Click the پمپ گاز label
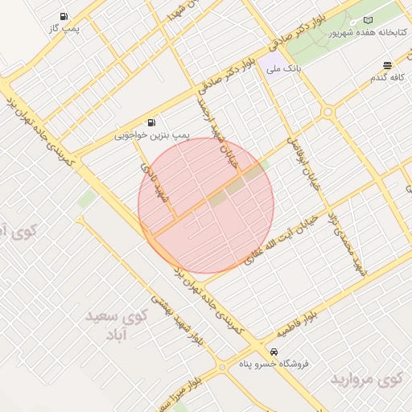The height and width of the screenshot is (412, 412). (64, 28)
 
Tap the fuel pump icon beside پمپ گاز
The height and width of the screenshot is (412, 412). (64, 16)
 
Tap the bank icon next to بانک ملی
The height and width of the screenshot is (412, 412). (265, 70)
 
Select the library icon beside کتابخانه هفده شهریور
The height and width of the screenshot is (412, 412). (369, 19)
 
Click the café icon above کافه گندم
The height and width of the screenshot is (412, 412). (387, 65)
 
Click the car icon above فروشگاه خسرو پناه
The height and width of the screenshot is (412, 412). (274, 352)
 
